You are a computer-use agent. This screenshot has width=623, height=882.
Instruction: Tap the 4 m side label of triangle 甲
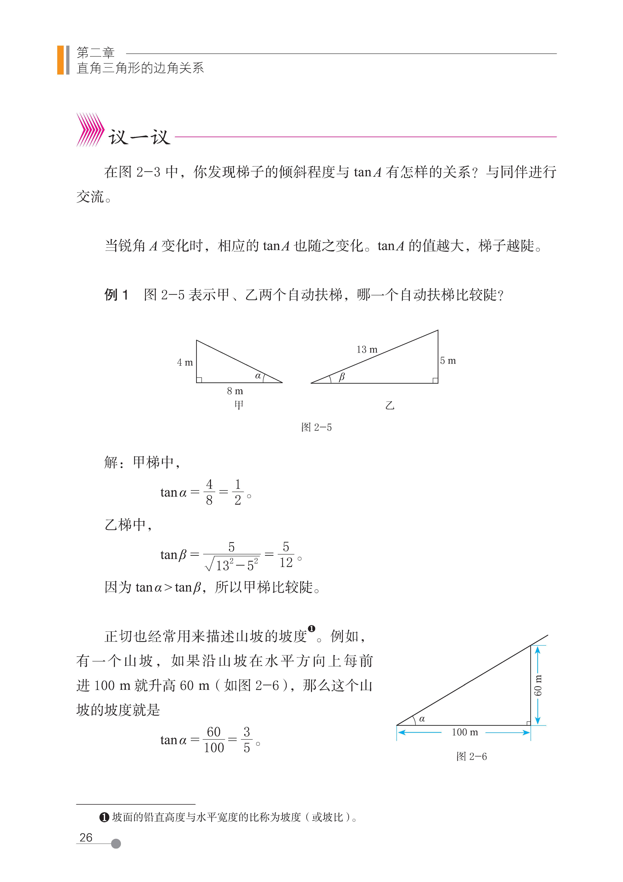click(185, 362)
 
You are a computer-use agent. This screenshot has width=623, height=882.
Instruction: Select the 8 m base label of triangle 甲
click(235, 391)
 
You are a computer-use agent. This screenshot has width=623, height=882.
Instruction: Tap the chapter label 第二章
click(96, 52)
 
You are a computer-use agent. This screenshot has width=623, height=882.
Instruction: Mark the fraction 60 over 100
click(214, 740)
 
